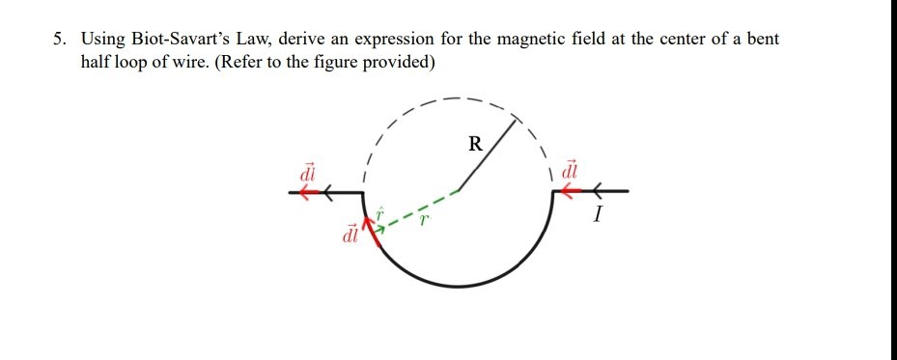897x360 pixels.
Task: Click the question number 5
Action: coord(60,40)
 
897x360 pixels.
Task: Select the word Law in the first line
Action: coord(250,40)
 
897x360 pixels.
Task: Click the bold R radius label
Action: coord(474,146)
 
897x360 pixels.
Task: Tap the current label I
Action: coord(599,217)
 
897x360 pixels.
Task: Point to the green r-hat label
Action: coord(380,210)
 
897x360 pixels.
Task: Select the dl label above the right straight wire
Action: coord(569,168)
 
